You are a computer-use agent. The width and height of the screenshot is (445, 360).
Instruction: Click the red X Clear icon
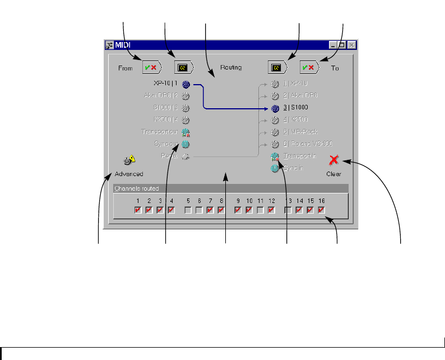coord(334,160)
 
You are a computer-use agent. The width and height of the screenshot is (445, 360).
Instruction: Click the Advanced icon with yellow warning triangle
coord(129,161)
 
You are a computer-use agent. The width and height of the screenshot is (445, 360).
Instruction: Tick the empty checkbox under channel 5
coord(188,210)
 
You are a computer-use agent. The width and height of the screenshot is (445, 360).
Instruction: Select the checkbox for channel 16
coord(322,210)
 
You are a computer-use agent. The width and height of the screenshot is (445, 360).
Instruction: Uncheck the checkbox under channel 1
coord(138,210)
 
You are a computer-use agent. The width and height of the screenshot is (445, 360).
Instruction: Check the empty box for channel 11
coord(261,210)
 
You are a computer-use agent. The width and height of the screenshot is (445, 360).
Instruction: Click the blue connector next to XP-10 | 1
coord(186,84)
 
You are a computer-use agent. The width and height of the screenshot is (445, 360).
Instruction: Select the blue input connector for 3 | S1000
coord(275,108)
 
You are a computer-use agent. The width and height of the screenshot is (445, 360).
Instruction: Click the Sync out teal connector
coord(186,144)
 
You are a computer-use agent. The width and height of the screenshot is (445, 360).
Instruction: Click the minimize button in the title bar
coord(333,45)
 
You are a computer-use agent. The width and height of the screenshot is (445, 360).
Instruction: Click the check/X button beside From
coord(152,67)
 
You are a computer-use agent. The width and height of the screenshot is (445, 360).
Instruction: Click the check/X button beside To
coord(309,67)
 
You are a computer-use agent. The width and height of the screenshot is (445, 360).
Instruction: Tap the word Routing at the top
coord(230,68)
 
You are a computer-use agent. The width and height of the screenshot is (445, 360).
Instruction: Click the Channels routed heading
coord(136,189)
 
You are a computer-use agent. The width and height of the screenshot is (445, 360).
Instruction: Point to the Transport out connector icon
coord(186,132)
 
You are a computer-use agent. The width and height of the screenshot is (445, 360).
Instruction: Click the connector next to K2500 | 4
coord(186,120)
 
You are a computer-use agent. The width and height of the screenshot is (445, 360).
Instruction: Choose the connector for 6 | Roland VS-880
coord(275,144)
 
